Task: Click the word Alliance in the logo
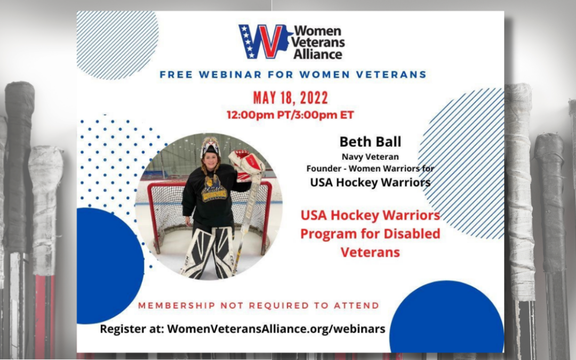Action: [x=318, y=54]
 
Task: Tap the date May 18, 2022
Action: [x=290, y=98]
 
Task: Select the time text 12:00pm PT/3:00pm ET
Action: [x=290, y=115]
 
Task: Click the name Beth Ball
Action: [x=370, y=142]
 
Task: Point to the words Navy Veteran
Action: [x=370, y=157]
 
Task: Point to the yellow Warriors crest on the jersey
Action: [x=214, y=188]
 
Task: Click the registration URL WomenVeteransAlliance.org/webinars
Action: [x=276, y=329]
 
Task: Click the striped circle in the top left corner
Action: [x=117, y=45]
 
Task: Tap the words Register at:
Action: [x=132, y=329]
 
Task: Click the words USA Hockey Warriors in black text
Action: [x=370, y=182]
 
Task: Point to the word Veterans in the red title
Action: [x=370, y=252]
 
